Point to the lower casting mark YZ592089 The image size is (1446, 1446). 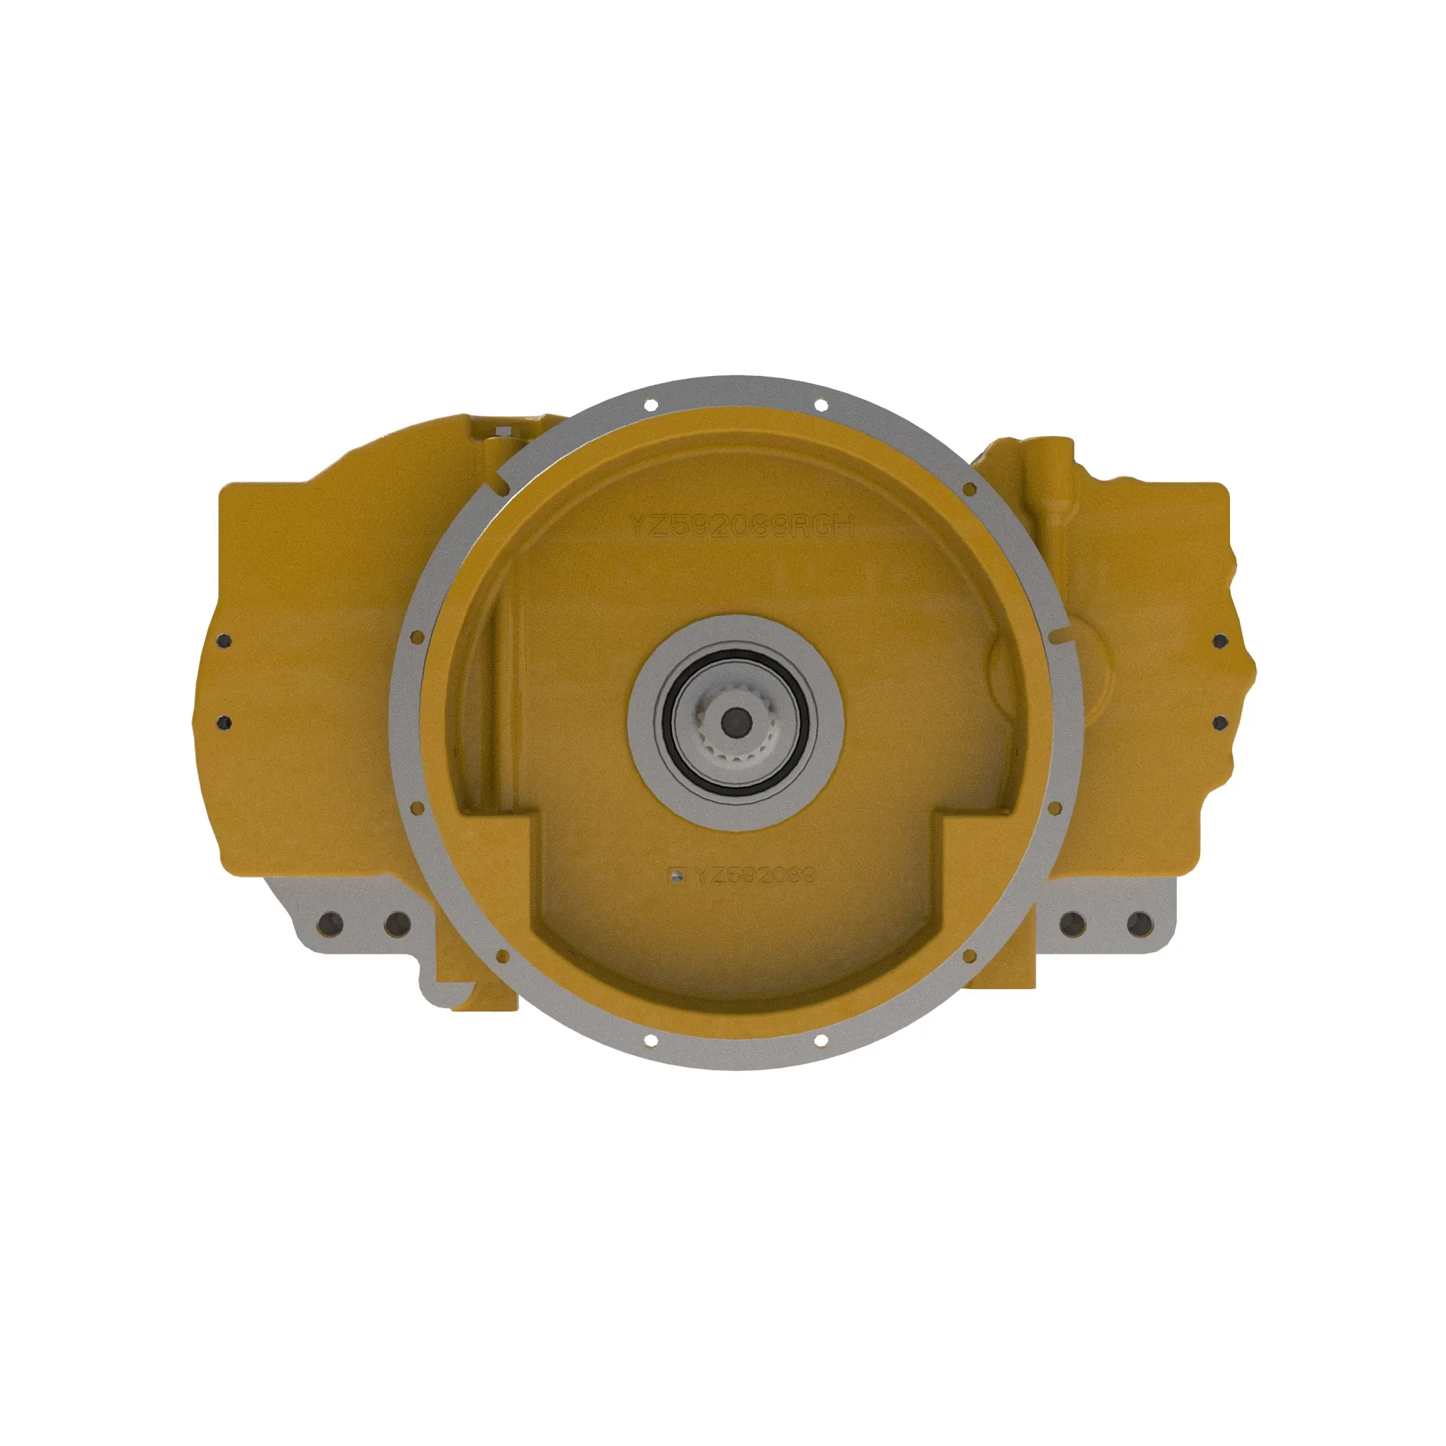pos(754,875)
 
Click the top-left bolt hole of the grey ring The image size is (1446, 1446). pos(650,405)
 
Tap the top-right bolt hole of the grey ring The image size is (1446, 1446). pos(821,405)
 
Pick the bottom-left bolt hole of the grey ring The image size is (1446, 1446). pos(650,1040)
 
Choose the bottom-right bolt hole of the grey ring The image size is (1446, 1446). pos(821,1040)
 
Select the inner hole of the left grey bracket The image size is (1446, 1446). pos(396,925)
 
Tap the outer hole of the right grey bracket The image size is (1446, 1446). pos(1139,925)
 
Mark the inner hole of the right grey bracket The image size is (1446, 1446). pos(1072,925)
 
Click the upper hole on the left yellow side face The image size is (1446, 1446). pos(224,641)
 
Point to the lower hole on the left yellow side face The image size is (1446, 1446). pos(224,722)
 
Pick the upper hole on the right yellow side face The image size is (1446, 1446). pos(1220,641)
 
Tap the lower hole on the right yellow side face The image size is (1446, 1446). pos(1220,722)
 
